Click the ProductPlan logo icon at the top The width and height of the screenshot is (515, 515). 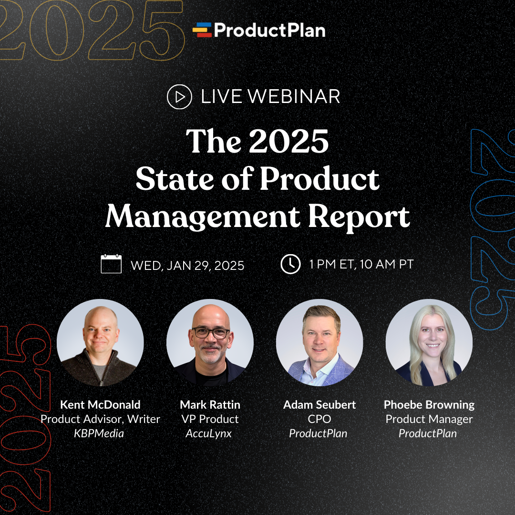pyautogui.click(x=202, y=30)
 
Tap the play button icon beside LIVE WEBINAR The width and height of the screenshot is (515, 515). pyautogui.click(x=179, y=97)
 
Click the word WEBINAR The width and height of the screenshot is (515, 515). pyautogui.click(x=294, y=97)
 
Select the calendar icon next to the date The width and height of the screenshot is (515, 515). pyautogui.click(x=111, y=264)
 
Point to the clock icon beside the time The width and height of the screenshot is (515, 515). pyautogui.click(x=290, y=264)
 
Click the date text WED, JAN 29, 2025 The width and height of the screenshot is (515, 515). pyautogui.click(x=187, y=266)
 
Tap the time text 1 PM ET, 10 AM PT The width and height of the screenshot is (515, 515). pyautogui.click(x=361, y=264)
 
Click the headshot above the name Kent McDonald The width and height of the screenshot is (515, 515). pyautogui.click(x=100, y=342)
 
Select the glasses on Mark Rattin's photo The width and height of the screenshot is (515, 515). pyautogui.click(x=210, y=333)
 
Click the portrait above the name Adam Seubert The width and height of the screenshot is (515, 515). pyautogui.click(x=319, y=342)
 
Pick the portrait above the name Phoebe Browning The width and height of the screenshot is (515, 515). pyautogui.click(x=429, y=342)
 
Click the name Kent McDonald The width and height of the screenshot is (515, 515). pyautogui.click(x=100, y=405)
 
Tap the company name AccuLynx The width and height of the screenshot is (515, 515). pyautogui.click(x=208, y=433)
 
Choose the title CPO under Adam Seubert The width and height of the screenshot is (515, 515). pyautogui.click(x=319, y=419)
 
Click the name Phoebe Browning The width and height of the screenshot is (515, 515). pyautogui.click(x=429, y=405)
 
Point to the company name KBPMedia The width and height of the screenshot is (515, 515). pyautogui.click(x=99, y=433)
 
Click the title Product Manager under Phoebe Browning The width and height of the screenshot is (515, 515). pyautogui.click(x=429, y=419)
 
